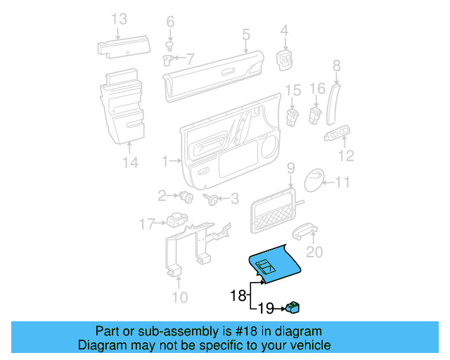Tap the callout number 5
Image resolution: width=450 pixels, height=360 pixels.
pos(245,34)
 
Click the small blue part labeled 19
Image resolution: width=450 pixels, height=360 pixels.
pos(293,307)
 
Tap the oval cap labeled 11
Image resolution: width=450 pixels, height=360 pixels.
pos(316,181)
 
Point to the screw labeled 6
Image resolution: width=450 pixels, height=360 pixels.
pos(170,44)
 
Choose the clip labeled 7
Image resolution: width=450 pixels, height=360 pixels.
pos(168,60)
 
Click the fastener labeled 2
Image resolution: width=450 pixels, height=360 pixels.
pos(186,195)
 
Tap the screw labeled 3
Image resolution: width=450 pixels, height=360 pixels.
pos(211,199)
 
